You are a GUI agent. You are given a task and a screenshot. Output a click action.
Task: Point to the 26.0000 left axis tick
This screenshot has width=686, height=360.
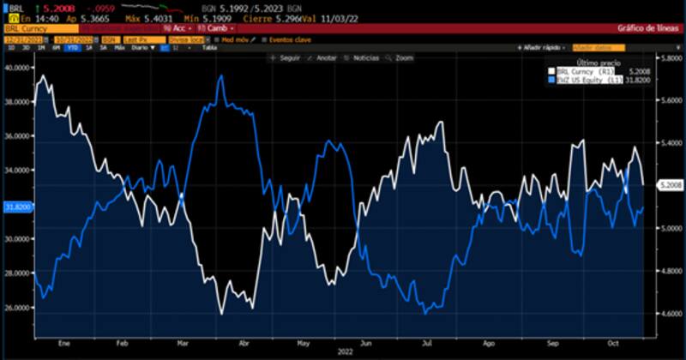click(17, 308)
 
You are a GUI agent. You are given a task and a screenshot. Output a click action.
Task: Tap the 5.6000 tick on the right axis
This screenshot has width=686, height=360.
click(671, 100)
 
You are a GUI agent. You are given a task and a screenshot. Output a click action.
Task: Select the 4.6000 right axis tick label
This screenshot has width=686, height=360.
click(671, 314)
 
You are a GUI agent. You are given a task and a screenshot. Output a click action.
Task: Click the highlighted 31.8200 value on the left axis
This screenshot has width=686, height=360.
click(17, 207)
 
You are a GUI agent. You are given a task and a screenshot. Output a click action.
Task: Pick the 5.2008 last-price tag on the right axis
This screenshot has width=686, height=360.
click(670, 185)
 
